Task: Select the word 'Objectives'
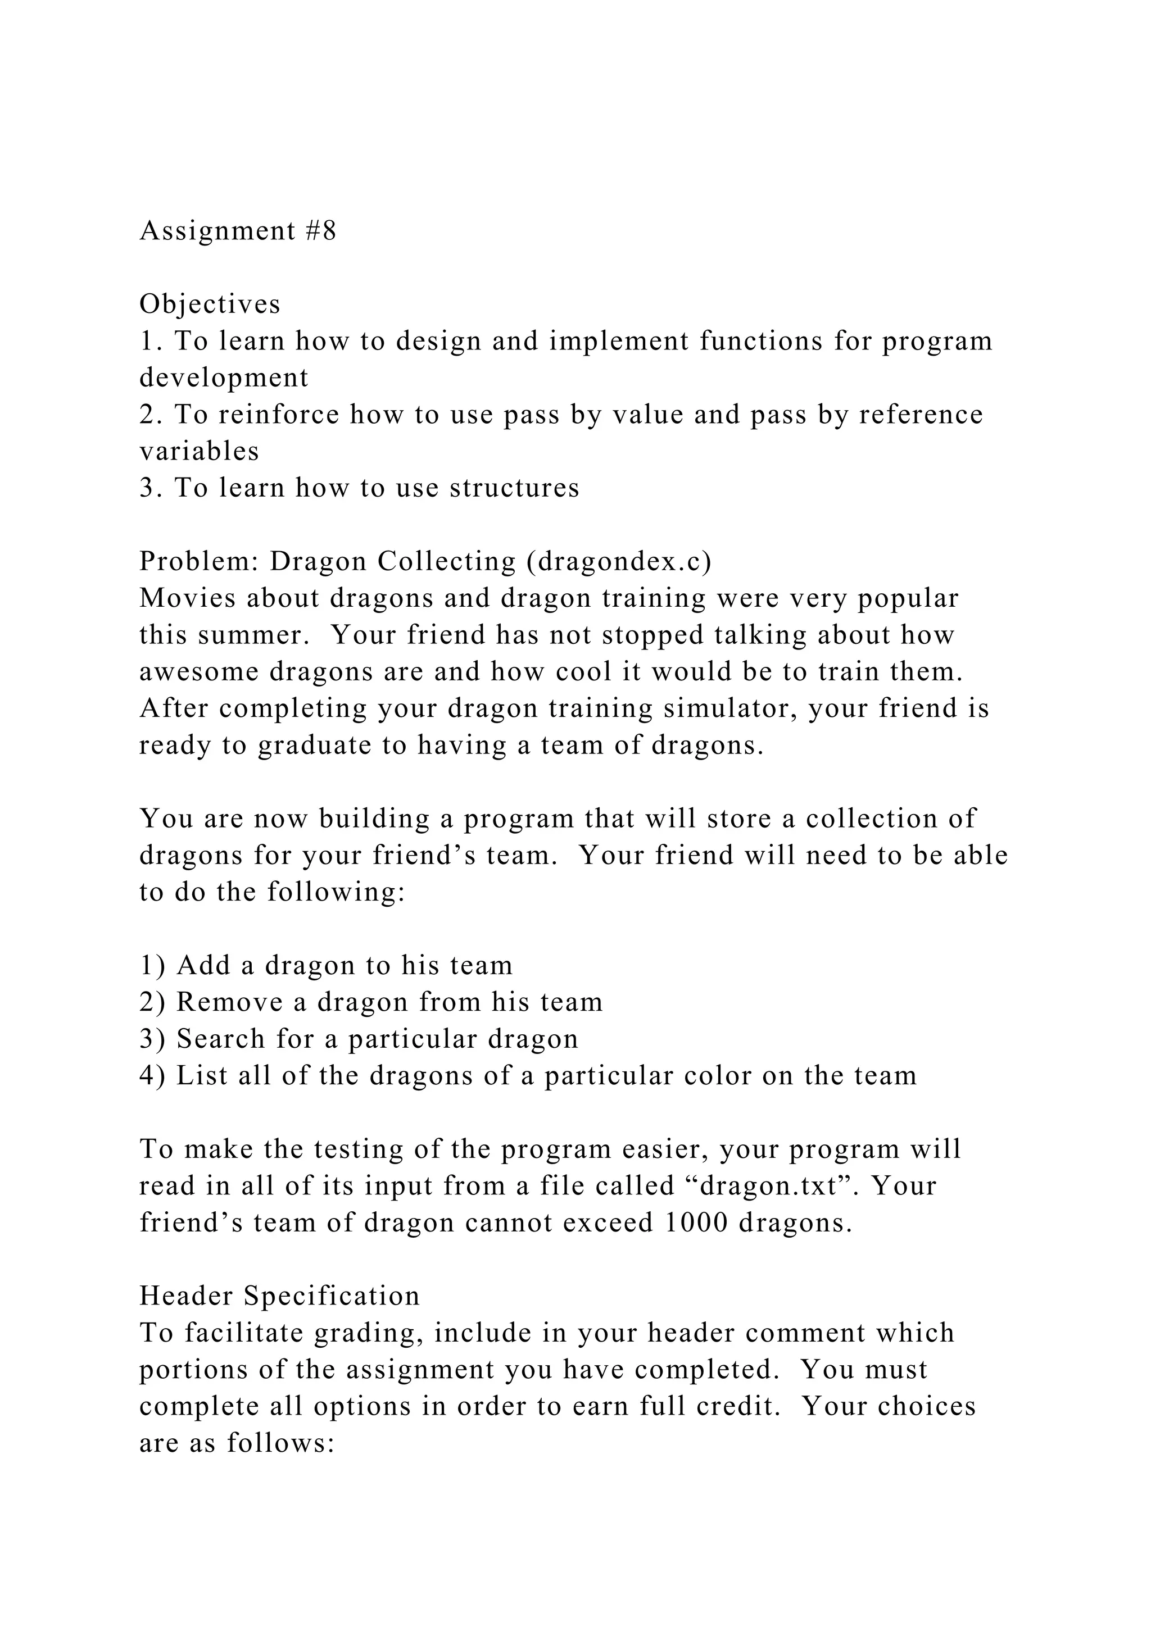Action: click(x=210, y=304)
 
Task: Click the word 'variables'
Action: click(x=199, y=451)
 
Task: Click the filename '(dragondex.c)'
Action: click(x=619, y=561)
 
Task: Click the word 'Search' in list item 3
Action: click(x=221, y=1039)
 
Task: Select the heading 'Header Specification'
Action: click(x=279, y=1296)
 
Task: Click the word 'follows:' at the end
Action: click(x=280, y=1443)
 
